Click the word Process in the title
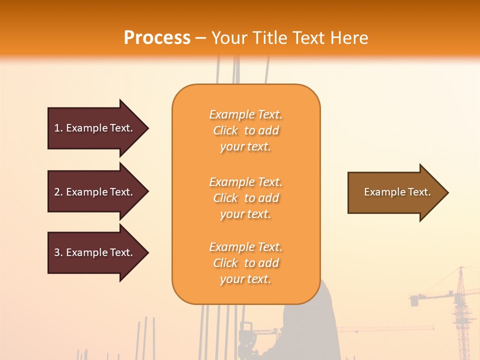point(157,38)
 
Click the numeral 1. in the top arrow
point(58,128)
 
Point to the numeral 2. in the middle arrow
point(58,192)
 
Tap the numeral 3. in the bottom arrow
point(58,252)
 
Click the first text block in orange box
point(245,130)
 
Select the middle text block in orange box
point(245,198)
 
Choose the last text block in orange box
point(245,263)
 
